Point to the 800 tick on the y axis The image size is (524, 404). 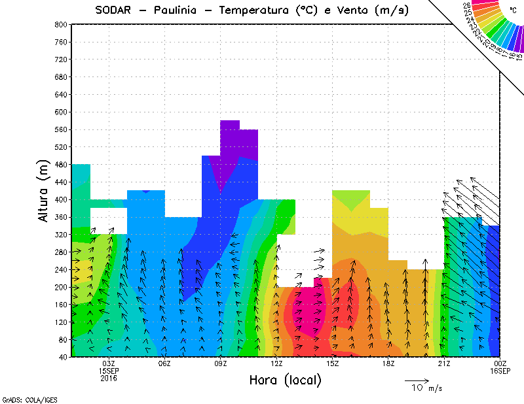[x=60, y=24]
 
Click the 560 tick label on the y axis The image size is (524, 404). [x=60, y=130]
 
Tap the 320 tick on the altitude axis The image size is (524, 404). [x=60, y=234]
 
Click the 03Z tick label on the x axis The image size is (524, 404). [x=109, y=363]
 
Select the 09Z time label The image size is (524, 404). [x=221, y=363]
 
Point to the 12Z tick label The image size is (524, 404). [x=276, y=363]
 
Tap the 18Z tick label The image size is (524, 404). [x=388, y=363]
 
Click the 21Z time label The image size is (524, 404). [x=444, y=363]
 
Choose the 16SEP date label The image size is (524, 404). [x=500, y=371]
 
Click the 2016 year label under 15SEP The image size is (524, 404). [x=109, y=379]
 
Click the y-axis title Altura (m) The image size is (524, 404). [x=43, y=190]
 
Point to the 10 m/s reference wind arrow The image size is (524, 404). [x=416, y=380]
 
